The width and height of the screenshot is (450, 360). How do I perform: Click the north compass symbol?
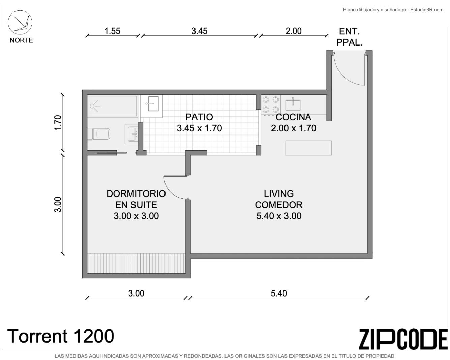coord(20,23)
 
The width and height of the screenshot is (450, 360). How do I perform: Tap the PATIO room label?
coord(199,117)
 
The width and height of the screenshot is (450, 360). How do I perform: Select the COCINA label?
coord(293,117)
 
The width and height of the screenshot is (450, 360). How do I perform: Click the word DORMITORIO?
coord(136,194)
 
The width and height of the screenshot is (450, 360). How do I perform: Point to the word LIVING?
coord(279,194)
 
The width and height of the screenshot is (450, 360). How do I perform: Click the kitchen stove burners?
coord(271,104)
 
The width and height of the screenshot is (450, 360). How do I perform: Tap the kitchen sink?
coord(293,104)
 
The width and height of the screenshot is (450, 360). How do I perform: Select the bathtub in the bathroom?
coord(113,106)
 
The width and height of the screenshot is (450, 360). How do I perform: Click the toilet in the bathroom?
coord(99,134)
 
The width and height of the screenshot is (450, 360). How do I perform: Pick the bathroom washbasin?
coord(132,134)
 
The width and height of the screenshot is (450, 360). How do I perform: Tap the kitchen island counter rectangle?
coord(308,148)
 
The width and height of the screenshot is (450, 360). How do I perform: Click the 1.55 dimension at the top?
coord(112,31)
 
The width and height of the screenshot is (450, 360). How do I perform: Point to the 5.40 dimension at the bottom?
coord(279,293)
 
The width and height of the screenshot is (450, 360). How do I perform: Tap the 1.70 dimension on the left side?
coord(58,123)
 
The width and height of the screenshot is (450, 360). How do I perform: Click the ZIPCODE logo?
coord(403,342)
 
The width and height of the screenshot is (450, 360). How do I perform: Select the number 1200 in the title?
coord(94,336)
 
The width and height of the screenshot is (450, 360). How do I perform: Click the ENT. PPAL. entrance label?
coord(349,37)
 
